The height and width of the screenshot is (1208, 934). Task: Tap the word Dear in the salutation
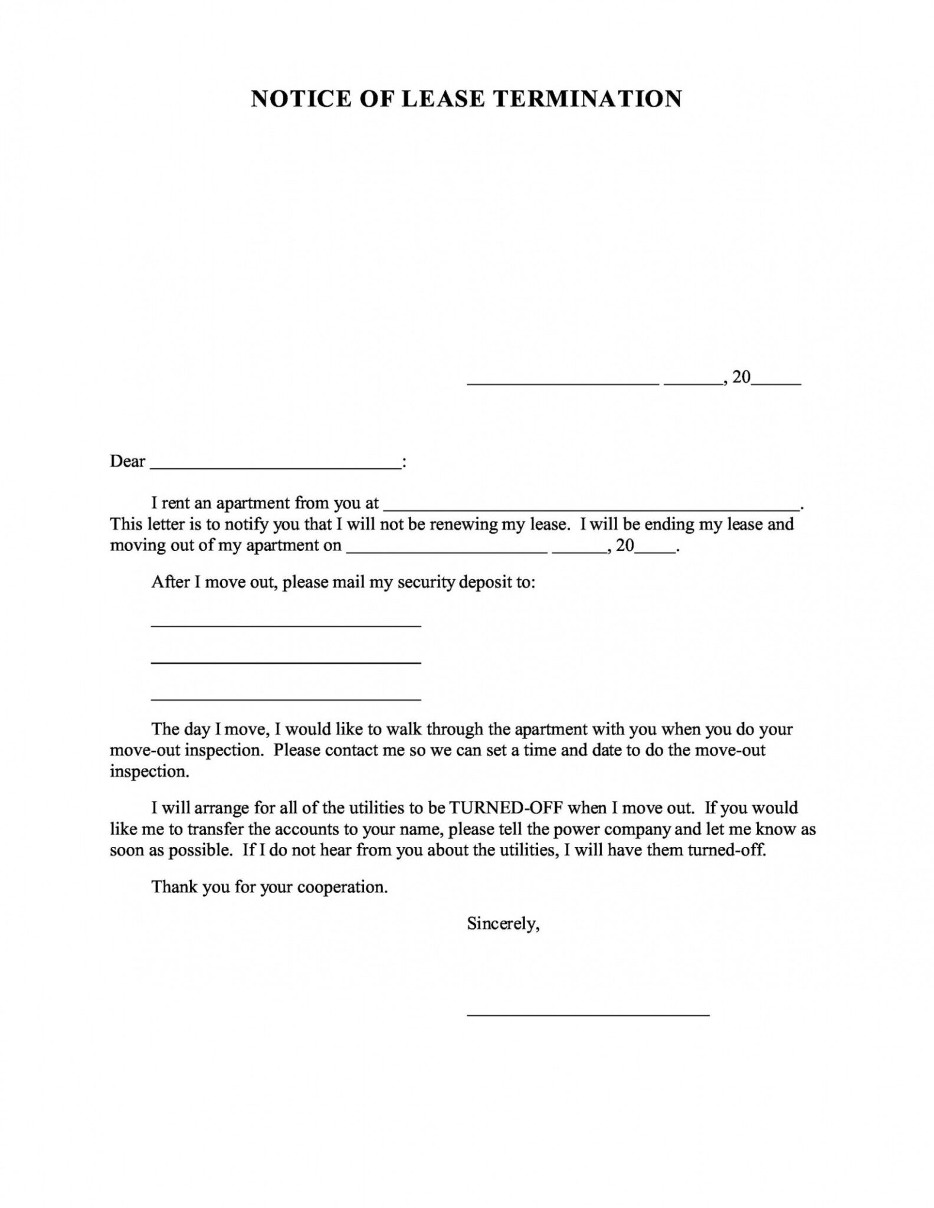127,461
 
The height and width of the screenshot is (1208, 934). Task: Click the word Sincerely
503,924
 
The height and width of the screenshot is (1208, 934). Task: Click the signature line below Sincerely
588,1014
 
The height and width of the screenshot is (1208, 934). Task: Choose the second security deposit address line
286,662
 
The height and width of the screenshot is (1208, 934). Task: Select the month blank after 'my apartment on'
447,550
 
